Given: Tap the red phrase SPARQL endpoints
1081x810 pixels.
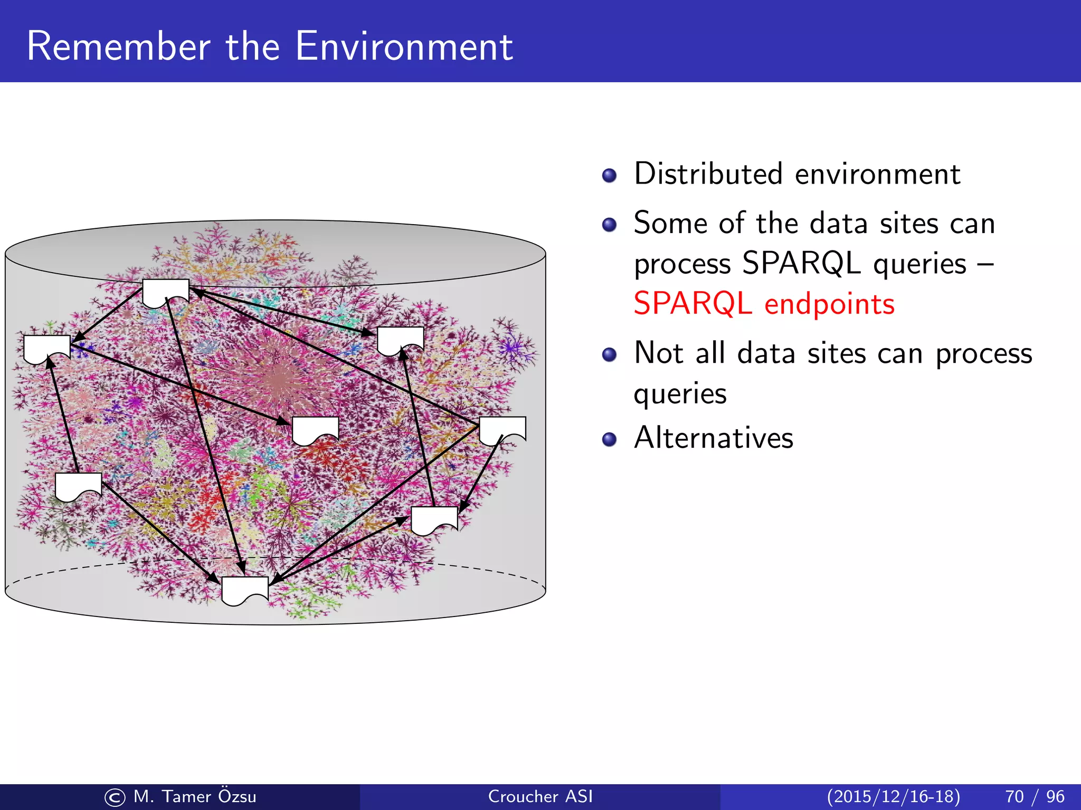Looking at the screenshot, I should pyautogui.click(x=763, y=304).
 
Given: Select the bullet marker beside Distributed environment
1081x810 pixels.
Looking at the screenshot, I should pyautogui.click(x=609, y=176).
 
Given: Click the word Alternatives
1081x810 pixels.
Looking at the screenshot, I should pyautogui.click(x=713, y=438).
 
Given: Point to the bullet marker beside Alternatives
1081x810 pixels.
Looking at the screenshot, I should pyautogui.click(x=609, y=439).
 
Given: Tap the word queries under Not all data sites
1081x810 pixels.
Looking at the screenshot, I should pyautogui.click(x=680, y=394).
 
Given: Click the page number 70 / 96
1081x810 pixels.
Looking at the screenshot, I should pyautogui.click(x=1035, y=796).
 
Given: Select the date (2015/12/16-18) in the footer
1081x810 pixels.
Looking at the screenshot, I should pyautogui.click(x=893, y=796).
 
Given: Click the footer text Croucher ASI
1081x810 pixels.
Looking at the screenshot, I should pyautogui.click(x=540, y=796).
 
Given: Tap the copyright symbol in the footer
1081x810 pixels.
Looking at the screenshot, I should pyautogui.click(x=115, y=797).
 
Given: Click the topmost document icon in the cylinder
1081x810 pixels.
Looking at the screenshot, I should pyautogui.click(x=166, y=292).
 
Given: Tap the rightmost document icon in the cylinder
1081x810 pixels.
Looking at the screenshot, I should pyautogui.click(x=502, y=429).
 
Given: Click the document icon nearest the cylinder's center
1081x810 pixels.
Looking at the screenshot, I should pyautogui.click(x=315, y=430).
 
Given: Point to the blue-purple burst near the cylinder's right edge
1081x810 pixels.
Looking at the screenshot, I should pyautogui.click(x=510, y=348).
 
